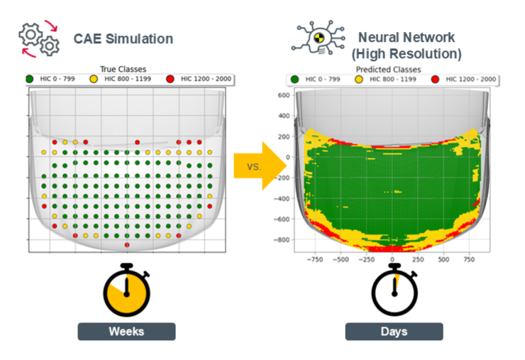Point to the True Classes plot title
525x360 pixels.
click(125, 69)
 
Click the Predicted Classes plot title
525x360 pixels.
click(388, 70)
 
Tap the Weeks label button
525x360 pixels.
click(126, 332)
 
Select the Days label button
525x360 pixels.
click(394, 332)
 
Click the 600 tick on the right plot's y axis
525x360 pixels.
click(284, 95)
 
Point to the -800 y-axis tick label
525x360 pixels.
click(282, 240)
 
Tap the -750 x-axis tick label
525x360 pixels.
click(314, 260)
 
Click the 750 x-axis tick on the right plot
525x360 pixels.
click(470, 260)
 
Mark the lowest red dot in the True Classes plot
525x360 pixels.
click(126, 245)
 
